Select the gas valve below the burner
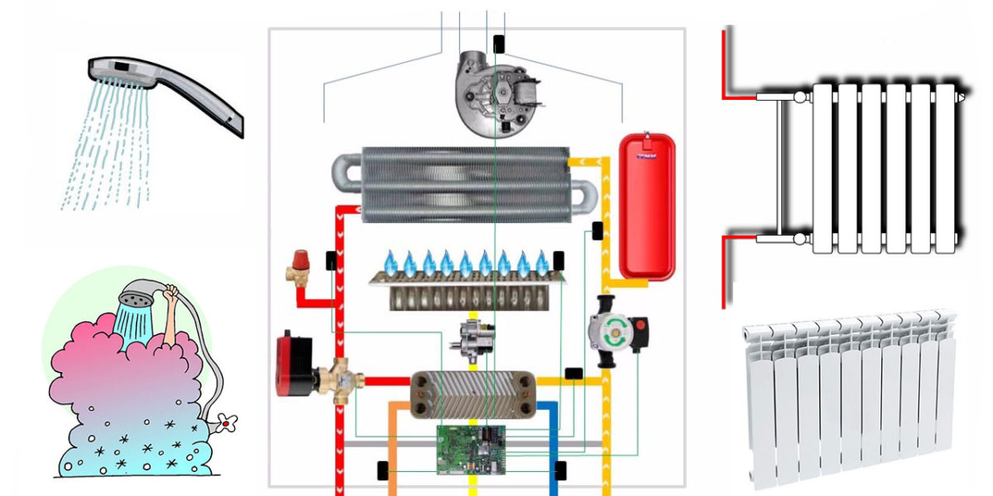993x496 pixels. click(x=470, y=337)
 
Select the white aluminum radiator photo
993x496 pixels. click(x=852, y=397)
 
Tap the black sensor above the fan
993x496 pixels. click(x=499, y=43)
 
